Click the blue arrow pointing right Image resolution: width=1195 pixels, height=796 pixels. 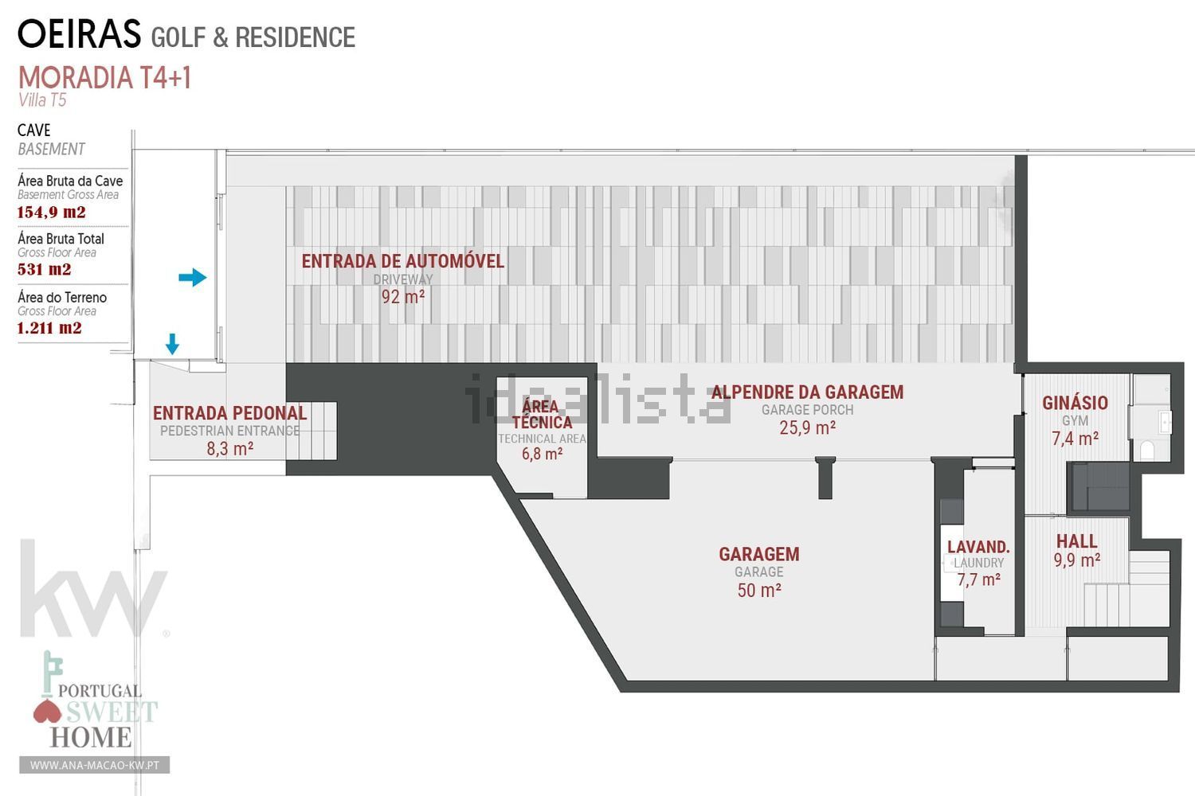tap(193, 277)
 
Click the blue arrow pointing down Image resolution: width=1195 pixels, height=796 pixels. tap(172, 344)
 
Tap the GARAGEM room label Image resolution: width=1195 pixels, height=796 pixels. tap(759, 555)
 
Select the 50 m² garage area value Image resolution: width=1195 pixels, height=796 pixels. tap(759, 590)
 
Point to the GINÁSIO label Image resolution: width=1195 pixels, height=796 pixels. tap(1075, 403)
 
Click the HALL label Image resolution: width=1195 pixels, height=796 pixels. tap(1076, 542)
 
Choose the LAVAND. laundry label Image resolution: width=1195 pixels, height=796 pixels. tap(978, 547)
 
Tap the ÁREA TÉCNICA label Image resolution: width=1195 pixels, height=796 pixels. tap(542, 414)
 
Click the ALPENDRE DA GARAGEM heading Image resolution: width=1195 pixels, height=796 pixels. tap(807, 392)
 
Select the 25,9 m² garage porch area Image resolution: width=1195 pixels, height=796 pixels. tap(807, 427)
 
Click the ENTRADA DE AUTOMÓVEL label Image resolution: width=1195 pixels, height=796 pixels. tap(403, 261)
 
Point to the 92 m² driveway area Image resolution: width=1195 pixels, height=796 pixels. tap(403, 296)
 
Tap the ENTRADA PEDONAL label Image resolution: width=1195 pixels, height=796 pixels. tap(230, 413)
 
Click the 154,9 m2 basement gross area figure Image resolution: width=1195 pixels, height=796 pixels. tap(51, 213)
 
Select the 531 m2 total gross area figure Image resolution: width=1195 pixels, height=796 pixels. tap(45, 269)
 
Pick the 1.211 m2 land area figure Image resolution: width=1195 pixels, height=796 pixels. tap(49, 328)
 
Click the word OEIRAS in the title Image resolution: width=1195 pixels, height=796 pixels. tap(80, 33)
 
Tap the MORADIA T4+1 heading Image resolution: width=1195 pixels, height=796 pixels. tap(104, 78)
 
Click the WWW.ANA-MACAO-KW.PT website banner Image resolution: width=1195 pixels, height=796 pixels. tap(95, 765)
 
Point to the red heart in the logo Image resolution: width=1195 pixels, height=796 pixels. tap(48, 712)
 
